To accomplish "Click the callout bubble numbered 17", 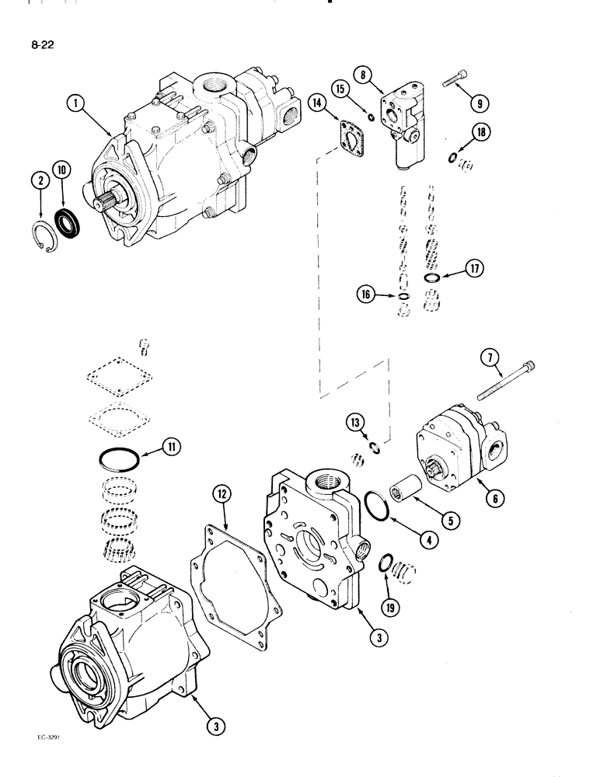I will coord(473,269).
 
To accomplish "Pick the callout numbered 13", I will coord(356,423).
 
